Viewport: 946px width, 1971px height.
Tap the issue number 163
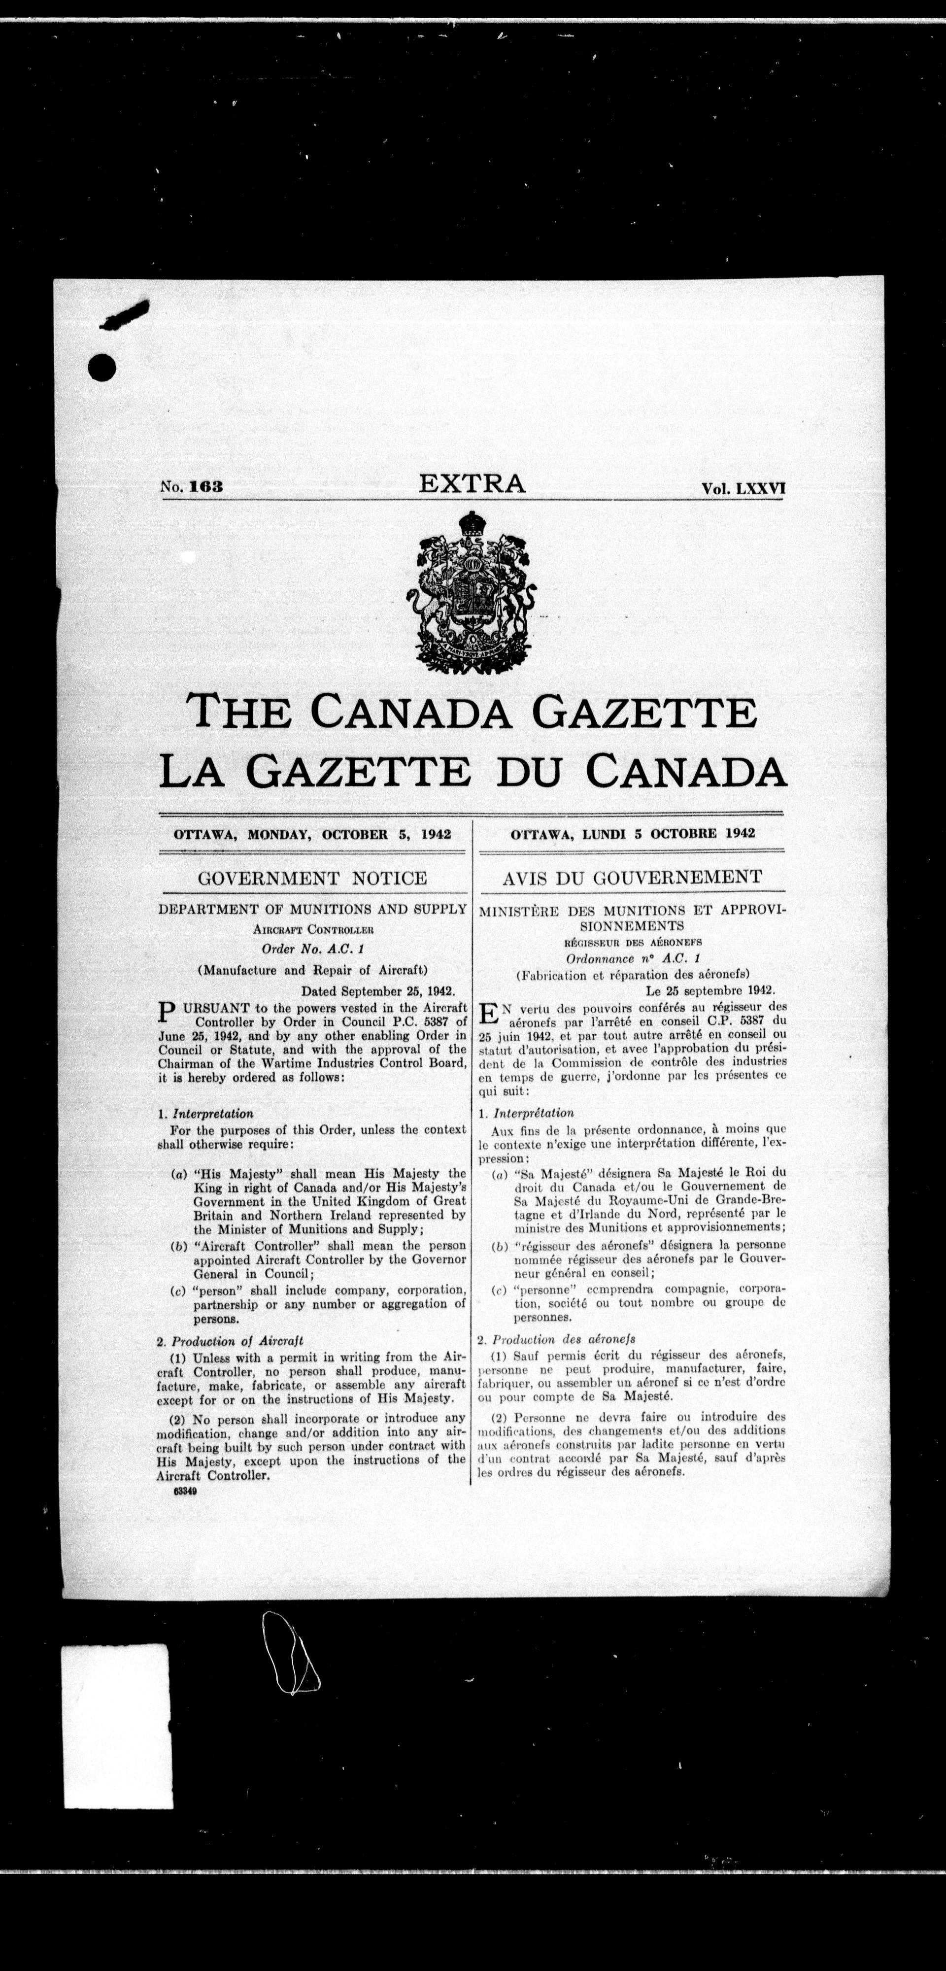click(205, 487)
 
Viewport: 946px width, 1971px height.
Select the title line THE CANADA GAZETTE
click(472, 711)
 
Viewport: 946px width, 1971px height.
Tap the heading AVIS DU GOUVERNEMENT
click(632, 877)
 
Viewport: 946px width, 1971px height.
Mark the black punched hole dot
click(102, 368)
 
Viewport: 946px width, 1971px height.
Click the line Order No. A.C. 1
click(312, 949)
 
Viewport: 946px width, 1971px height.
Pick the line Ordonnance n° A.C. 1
click(632, 958)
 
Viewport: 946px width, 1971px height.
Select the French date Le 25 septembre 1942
click(700, 989)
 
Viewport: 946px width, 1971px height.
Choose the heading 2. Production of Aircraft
click(231, 1340)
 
